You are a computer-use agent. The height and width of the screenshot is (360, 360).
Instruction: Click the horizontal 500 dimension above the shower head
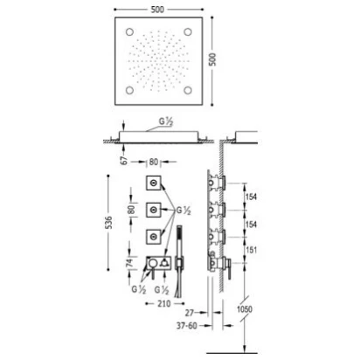click(x=157, y=10)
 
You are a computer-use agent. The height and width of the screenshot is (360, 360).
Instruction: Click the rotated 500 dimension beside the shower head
click(x=213, y=59)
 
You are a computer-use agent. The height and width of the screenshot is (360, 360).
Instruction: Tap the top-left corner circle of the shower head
click(x=129, y=31)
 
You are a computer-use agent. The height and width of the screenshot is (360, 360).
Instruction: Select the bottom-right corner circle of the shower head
click(x=188, y=90)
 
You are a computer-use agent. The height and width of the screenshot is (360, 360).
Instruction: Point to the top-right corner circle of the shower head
click(x=188, y=31)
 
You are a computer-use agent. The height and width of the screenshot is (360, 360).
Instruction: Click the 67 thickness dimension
click(x=124, y=160)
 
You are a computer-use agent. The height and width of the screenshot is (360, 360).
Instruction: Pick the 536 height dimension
click(x=108, y=223)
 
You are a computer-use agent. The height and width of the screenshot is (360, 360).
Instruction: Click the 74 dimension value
click(x=129, y=262)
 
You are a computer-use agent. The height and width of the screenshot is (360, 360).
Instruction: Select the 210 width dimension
click(x=163, y=304)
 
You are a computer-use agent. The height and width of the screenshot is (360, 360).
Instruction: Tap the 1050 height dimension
click(x=245, y=309)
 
